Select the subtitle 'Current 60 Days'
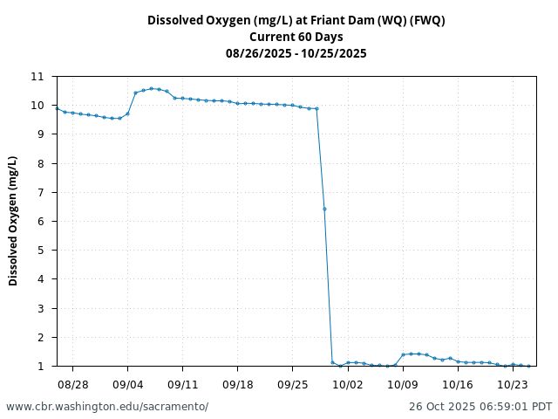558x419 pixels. (296, 37)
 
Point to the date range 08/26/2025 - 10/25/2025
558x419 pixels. (296, 53)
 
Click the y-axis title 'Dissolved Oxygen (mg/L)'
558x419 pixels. (13, 221)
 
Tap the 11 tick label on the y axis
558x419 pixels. (37, 77)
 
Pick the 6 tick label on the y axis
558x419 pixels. (40, 222)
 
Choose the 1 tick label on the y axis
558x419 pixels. (40, 367)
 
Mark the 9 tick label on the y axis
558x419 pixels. (40, 134)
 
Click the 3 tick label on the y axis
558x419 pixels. (40, 308)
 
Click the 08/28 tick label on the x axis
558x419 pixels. (72, 384)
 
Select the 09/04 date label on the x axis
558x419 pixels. (127, 384)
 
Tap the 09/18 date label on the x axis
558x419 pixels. (237, 384)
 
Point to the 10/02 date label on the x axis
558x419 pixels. (348, 384)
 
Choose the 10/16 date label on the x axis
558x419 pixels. (458, 384)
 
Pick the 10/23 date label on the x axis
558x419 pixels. (513, 384)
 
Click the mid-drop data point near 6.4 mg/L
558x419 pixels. (324, 209)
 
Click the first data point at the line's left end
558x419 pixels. (57, 109)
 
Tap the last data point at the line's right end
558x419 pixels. (528, 366)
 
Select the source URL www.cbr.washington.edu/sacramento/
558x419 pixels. (107, 407)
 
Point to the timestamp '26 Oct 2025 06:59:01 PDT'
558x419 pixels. (480, 407)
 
